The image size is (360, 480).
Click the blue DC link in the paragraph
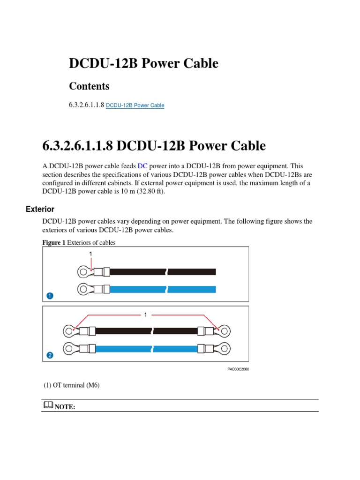coord(142,166)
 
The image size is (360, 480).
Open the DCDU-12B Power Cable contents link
coord(135,105)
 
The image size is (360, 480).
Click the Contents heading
coord(89,86)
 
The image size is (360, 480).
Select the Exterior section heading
coord(40,209)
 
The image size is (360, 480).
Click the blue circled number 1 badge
coord(50,296)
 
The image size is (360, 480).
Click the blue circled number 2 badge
coord(50,355)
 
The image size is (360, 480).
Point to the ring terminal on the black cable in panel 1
coord(83,271)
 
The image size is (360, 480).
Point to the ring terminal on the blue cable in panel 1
coord(83,288)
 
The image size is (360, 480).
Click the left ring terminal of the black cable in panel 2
coord(69,331)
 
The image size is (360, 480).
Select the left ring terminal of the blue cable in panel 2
coord(69,348)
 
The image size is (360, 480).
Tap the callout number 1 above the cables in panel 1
coord(91,254)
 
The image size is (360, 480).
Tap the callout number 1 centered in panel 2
coord(145,315)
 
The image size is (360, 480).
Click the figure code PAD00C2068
coord(238,369)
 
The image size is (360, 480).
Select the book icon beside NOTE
coord(48,405)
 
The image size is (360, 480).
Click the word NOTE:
coord(65,406)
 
